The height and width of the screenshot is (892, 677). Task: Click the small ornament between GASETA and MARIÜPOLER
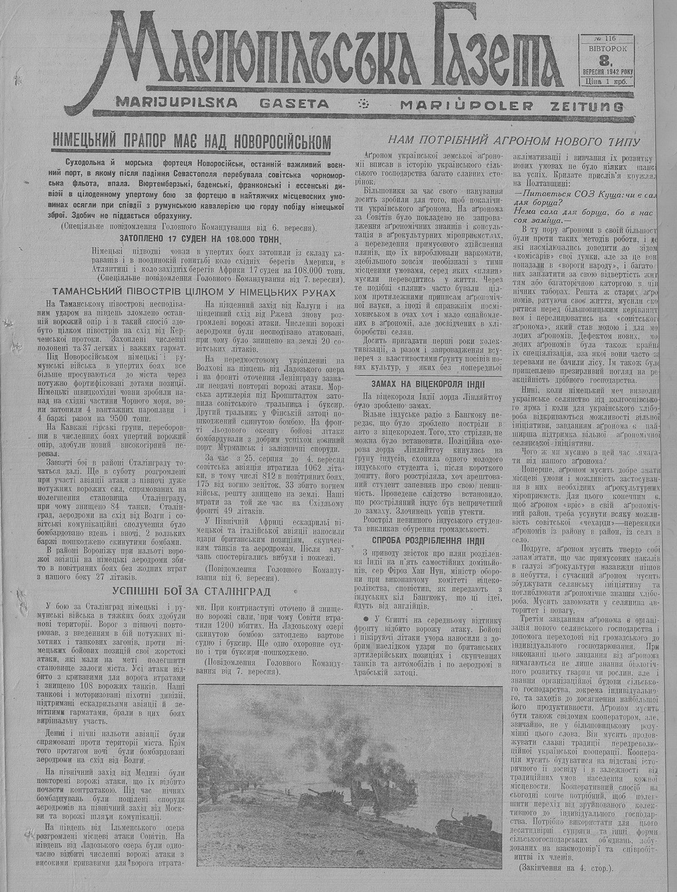[x=364, y=104]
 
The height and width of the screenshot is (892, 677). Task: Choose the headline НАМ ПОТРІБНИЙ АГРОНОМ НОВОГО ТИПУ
[x=513, y=141]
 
